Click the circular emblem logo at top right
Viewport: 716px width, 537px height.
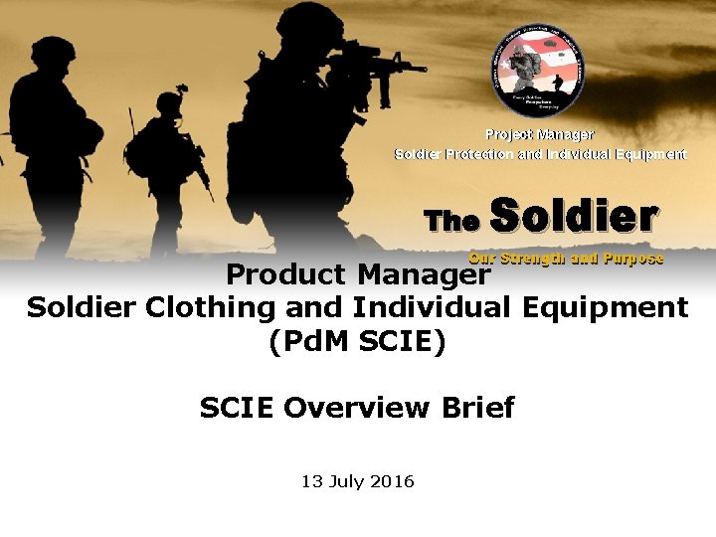539,72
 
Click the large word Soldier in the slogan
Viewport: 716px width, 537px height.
575,216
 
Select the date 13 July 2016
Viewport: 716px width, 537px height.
357,482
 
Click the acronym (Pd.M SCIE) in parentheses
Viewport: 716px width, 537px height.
357,342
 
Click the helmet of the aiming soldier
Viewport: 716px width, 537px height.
308,22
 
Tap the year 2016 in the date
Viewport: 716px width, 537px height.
392,482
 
